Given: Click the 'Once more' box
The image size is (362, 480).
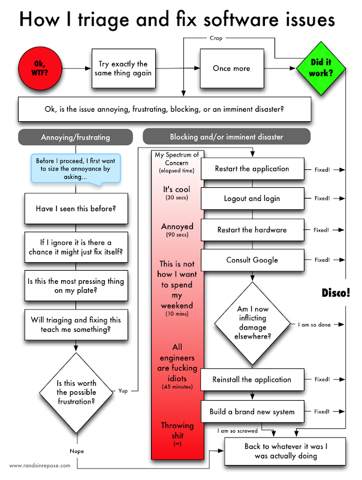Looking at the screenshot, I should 231,68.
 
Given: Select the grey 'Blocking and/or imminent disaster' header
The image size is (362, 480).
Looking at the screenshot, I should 226,136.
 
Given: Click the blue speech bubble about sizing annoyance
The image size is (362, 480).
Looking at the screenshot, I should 76,169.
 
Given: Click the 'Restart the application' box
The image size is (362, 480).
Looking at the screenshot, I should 252,169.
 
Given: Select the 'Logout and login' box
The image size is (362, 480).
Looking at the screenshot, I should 252,199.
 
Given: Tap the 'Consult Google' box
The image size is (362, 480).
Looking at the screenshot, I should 252,260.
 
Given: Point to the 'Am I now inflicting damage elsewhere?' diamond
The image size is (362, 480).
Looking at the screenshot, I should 252,323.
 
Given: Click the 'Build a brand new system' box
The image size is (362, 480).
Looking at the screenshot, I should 252,412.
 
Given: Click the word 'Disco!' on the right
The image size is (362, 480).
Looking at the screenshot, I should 336,292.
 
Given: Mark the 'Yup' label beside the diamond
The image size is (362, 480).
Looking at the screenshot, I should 123,391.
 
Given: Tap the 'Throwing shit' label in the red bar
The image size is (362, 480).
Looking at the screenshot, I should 177,430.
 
